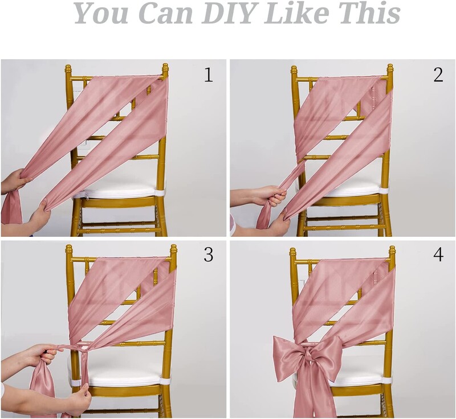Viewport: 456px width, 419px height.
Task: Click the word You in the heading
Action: (101, 13)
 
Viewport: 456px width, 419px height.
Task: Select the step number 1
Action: (209, 75)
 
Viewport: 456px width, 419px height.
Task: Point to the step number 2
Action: (438, 75)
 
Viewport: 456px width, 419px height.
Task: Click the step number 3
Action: (209, 254)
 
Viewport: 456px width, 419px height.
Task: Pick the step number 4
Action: (438, 254)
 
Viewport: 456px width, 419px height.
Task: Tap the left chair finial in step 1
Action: (68, 69)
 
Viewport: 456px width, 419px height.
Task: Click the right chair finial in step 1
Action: (165, 69)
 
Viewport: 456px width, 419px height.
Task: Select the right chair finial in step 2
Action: (390, 69)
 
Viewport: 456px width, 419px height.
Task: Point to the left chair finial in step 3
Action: (68, 250)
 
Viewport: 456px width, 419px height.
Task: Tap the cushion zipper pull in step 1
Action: (87, 192)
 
